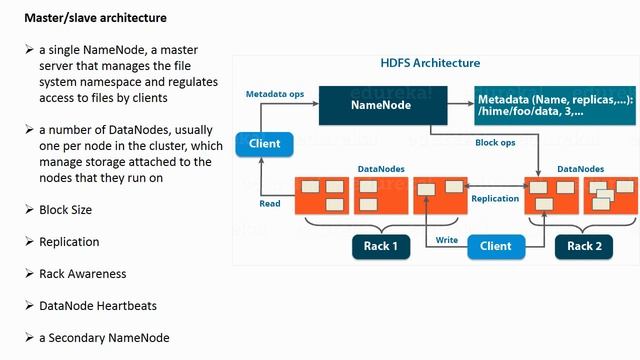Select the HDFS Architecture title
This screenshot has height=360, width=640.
(x=430, y=63)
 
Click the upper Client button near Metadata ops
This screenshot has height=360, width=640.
(x=264, y=144)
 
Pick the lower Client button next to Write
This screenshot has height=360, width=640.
(x=496, y=245)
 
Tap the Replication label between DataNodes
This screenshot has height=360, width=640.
(x=495, y=198)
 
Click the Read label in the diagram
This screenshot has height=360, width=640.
(x=269, y=203)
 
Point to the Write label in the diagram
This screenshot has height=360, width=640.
(x=447, y=240)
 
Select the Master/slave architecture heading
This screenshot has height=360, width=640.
(x=95, y=18)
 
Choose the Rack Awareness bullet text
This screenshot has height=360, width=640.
(x=82, y=274)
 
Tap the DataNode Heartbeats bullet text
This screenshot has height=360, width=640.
(x=97, y=306)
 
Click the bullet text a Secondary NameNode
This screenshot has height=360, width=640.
(x=104, y=338)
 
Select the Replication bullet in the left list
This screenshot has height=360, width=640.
(x=69, y=242)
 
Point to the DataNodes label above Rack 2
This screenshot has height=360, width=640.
(x=580, y=169)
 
